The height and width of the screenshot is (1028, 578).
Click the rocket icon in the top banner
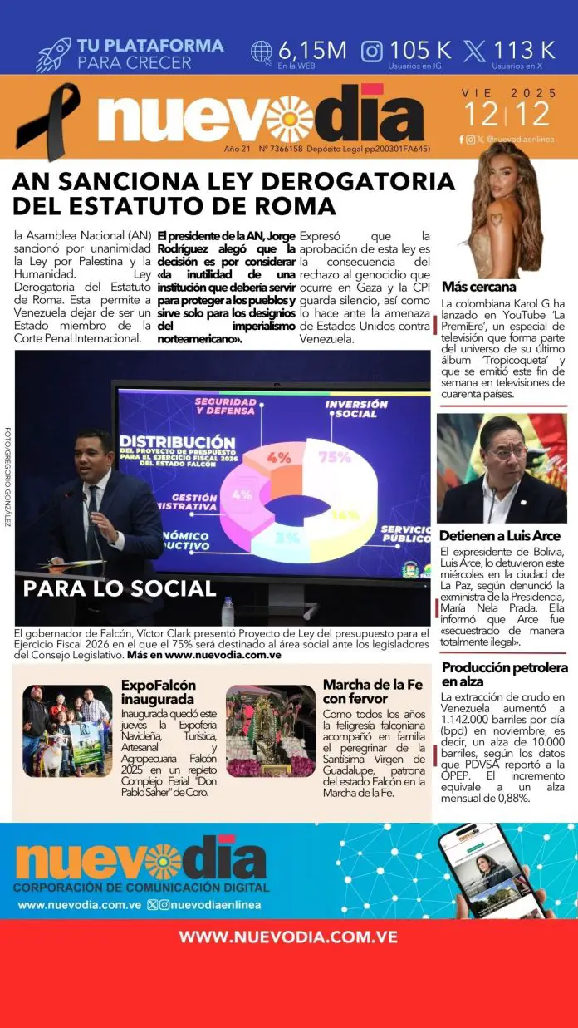point(53,54)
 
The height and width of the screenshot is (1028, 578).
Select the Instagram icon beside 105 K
point(372,51)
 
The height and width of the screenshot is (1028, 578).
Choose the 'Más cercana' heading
point(479,287)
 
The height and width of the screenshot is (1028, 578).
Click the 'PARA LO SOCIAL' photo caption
point(120,588)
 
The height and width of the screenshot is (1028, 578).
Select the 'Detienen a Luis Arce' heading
point(500,536)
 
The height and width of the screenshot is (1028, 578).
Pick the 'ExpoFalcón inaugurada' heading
point(159,692)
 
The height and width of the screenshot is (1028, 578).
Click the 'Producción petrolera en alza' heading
point(505,675)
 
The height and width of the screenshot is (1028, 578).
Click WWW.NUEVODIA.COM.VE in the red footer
point(288,937)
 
